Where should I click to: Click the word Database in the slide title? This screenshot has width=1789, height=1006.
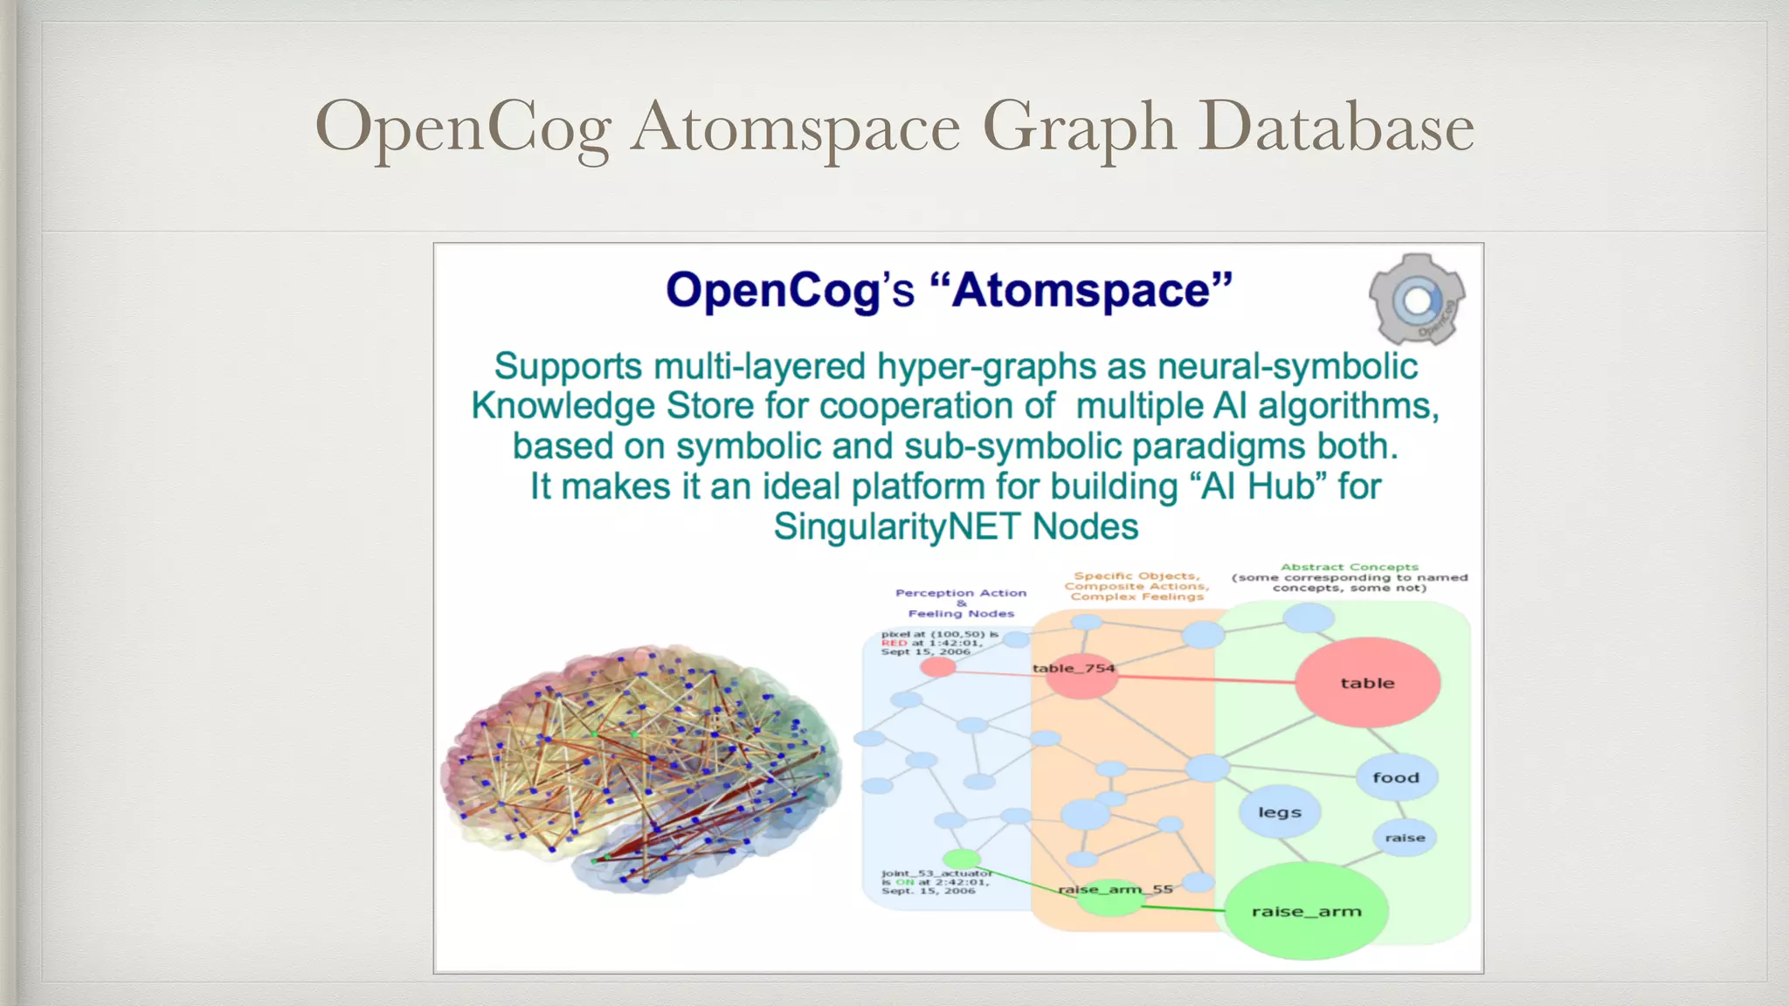tap(1336, 127)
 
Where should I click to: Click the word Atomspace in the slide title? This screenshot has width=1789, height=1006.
tap(796, 127)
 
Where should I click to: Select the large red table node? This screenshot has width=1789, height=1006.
tap(1367, 683)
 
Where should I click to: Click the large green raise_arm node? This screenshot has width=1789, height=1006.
tap(1306, 911)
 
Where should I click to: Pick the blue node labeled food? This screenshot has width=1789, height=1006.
tap(1396, 777)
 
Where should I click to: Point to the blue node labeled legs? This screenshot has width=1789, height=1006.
tap(1280, 812)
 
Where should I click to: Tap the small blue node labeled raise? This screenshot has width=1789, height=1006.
tap(1405, 837)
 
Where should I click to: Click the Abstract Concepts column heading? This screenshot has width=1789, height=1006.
tap(1350, 577)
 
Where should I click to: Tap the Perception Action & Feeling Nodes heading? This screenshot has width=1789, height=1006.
tap(961, 603)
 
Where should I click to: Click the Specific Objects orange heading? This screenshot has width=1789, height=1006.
tap(1136, 586)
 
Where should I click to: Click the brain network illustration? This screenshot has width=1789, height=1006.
tap(642, 768)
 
